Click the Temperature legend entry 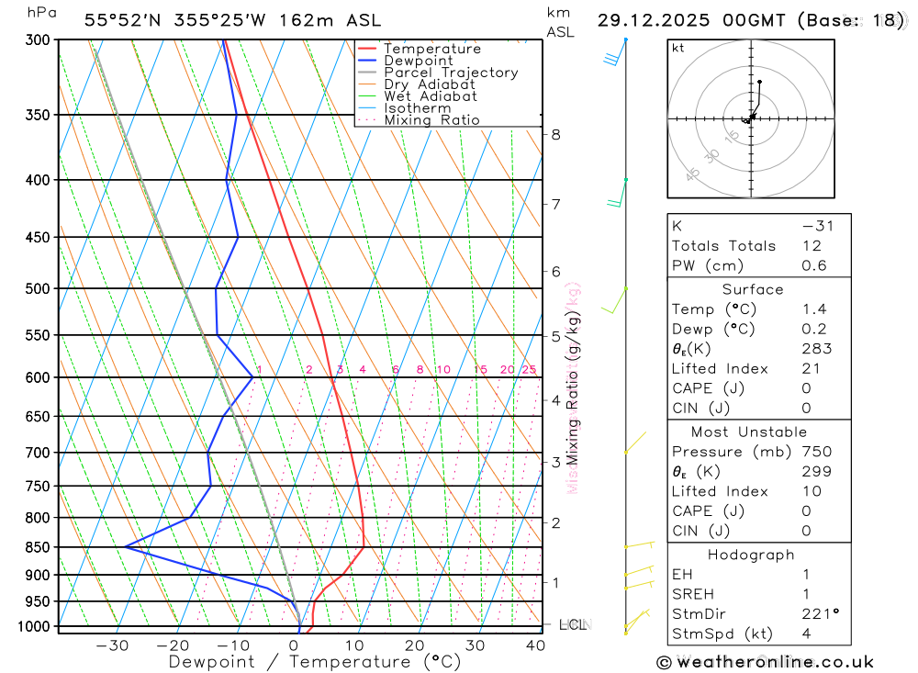point(431,49)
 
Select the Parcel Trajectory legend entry point(451,73)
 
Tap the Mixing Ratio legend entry point(431,120)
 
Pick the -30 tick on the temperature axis point(112,645)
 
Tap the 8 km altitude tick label point(555,134)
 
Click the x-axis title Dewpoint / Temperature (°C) point(314,661)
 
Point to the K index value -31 point(817,226)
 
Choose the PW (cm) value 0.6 point(814,266)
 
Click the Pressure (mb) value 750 point(816,452)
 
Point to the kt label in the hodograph point(678,48)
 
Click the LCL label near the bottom point(572,625)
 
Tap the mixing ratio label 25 point(529,370)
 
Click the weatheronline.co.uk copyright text point(765,662)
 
